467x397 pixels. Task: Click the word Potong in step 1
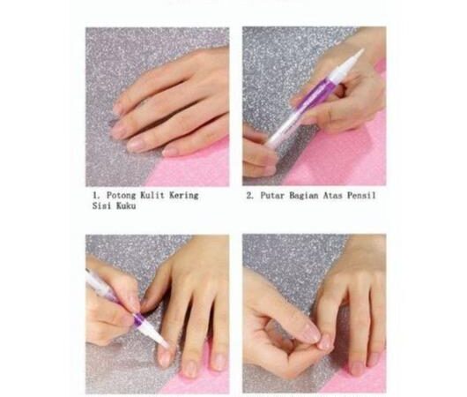tap(121, 196)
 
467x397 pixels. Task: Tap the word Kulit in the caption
tap(152, 195)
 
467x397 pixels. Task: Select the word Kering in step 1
tap(184, 196)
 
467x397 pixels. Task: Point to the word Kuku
tap(126, 206)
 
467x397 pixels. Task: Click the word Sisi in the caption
tap(101, 206)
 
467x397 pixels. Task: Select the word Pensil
tap(361, 196)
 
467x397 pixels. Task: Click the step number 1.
tap(95, 196)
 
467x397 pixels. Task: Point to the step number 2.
tap(249, 196)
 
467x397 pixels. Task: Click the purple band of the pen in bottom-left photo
tap(139, 318)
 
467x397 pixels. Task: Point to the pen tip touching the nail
tap(166, 346)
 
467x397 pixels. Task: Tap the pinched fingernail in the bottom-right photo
tap(324, 342)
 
